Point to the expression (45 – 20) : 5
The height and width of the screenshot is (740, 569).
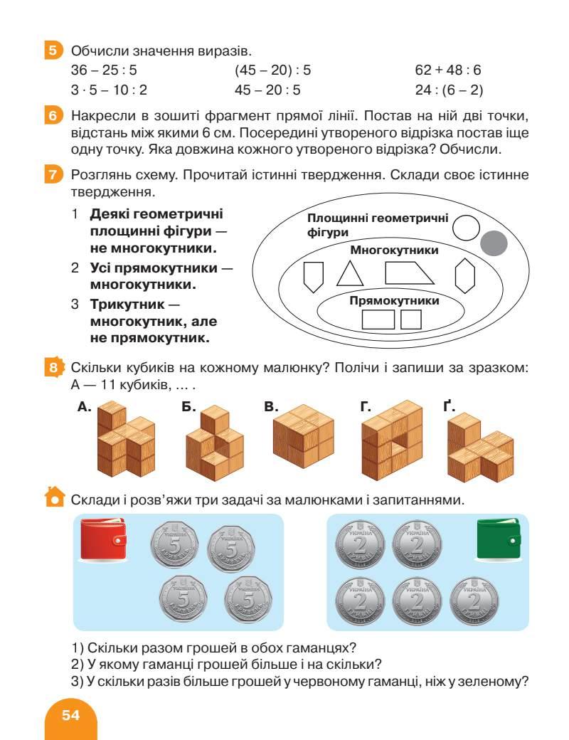[272, 71]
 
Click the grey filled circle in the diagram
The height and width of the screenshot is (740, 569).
[494, 244]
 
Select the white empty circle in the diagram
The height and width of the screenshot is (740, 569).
[467, 228]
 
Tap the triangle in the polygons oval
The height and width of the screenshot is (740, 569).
[349, 274]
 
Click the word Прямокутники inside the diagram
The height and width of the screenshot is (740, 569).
[395, 301]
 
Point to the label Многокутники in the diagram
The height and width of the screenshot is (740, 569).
[394, 250]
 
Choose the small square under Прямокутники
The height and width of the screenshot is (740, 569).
[411, 319]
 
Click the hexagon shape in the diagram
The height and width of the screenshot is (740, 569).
[465, 275]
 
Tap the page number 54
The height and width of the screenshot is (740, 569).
[70, 715]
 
